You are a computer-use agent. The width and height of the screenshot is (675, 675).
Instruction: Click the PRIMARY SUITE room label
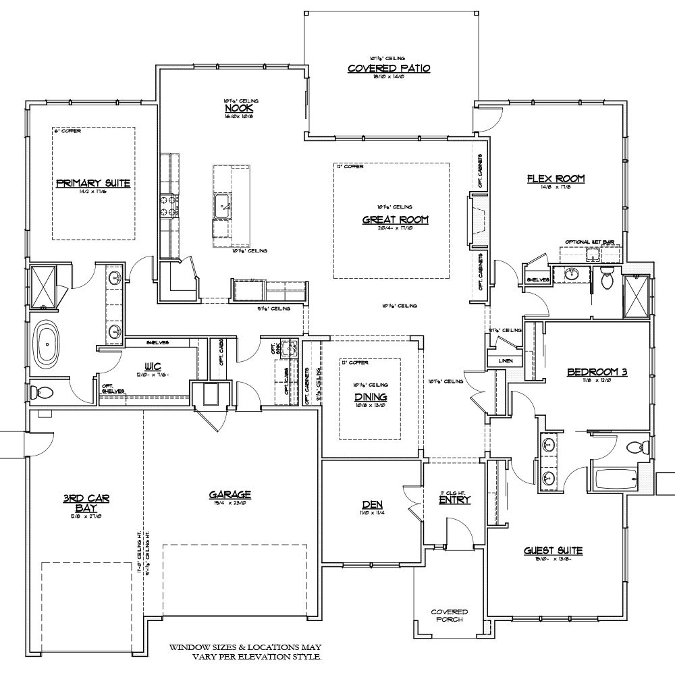coord(92,183)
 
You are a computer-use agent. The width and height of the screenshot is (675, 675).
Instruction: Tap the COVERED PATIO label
coord(388,68)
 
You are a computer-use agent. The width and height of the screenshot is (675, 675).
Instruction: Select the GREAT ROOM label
coord(396,219)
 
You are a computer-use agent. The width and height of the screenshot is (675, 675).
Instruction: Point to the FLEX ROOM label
coord(556,179)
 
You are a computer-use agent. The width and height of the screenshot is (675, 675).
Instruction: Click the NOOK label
coord(234,108)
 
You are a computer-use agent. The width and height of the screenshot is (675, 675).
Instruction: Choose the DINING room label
coord(371,398)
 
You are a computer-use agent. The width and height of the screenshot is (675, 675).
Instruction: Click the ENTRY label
coord(454,500)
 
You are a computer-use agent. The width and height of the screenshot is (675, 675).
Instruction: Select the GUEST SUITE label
coord(553,551)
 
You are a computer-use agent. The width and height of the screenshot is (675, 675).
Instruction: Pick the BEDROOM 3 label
coord(597,371)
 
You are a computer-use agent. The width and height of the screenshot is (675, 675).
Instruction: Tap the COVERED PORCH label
coord(449,616)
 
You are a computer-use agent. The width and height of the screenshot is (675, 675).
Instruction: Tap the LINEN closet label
coord(505,361)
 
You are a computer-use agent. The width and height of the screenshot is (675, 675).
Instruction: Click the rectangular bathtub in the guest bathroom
coord(616,480)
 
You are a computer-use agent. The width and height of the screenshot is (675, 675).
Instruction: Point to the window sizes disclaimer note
coord(246,651)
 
